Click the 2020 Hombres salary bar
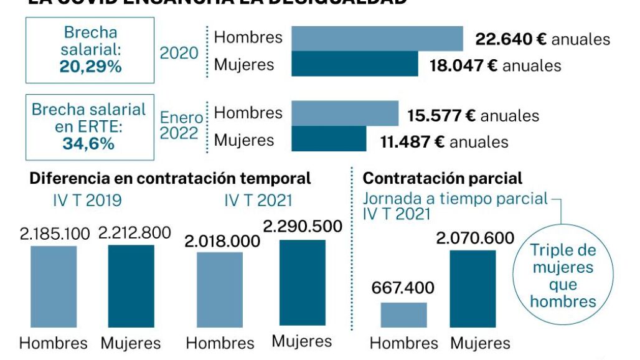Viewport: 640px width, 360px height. (377, 38)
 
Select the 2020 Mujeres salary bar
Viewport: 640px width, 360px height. (355, 64)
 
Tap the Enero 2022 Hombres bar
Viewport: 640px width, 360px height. (345, 113)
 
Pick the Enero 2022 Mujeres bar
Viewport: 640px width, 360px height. (329, 139)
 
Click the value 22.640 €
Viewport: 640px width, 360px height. (511, 39)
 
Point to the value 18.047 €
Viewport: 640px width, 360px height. (463, 65)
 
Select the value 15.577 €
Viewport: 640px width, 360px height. (441, 116)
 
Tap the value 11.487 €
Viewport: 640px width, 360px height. (412, 142)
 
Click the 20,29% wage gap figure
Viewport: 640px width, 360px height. (90, 66)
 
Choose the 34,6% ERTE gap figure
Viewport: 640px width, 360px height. (88, 144)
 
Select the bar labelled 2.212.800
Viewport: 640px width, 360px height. (131, 286)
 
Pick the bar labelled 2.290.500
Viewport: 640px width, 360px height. (302, 283)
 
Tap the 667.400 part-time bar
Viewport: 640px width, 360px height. (403, 315)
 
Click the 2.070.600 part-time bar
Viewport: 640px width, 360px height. (473, 288)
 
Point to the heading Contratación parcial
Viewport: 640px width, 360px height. (443, 179)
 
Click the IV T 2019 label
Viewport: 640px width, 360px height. (87, 201)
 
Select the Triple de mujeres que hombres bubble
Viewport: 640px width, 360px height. (563, 276)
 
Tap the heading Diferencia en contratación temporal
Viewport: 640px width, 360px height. (170, 179)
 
